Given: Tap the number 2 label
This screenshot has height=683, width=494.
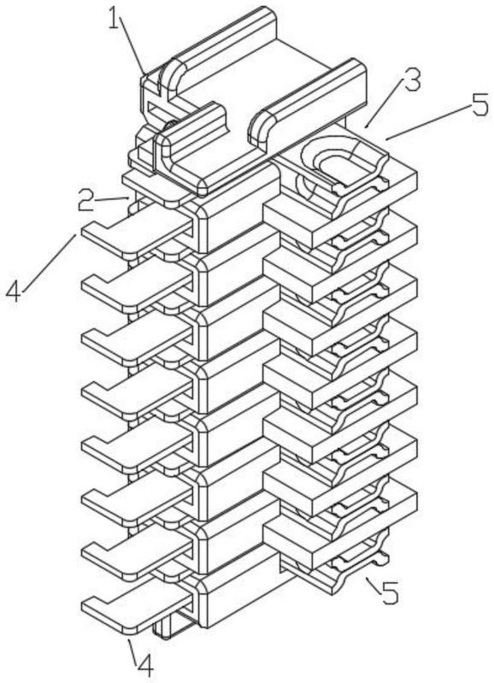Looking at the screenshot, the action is coord(86,201).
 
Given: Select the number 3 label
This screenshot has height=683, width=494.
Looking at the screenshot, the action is coord(411,80).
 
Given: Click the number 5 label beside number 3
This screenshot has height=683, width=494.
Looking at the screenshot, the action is coord(480,104).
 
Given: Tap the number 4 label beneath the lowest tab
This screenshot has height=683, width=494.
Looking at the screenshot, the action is coord(145,666).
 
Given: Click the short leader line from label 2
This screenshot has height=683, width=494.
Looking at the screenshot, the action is coord(113,199).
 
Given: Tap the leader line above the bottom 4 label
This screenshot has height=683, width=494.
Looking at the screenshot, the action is coord(132,649).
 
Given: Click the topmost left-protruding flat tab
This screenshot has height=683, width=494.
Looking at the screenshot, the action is coord(136,233).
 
